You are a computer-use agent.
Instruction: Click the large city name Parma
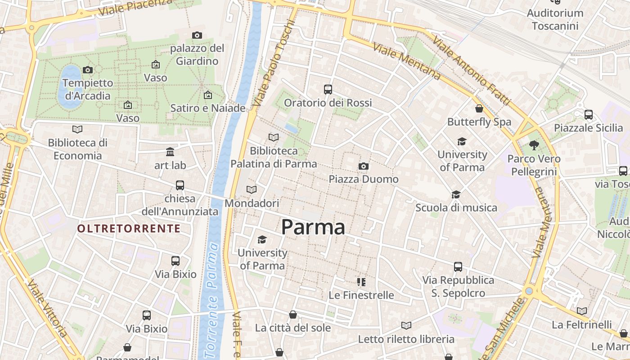(313, 227)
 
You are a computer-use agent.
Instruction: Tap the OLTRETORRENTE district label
(129, 229)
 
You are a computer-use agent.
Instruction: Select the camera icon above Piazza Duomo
(364, 166)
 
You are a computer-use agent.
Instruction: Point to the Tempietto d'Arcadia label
(88, 89)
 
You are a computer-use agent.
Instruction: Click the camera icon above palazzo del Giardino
(197, 36)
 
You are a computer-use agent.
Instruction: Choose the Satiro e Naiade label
(208, 108)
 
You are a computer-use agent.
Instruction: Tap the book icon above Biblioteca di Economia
(77, 130)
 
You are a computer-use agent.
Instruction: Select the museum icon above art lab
(170, 152)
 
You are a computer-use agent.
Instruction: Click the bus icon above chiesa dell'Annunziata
(180, 185)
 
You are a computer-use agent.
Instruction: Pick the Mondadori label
(252, 203)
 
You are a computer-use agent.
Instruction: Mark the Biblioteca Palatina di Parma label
(274, 157)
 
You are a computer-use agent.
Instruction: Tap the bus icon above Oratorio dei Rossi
(328, 90)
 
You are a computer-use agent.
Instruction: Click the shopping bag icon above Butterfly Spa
(479, 109)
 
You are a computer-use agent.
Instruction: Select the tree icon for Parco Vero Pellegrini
(534, 145)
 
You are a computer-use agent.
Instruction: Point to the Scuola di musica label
(456, 207)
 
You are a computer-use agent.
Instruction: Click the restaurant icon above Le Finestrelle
(361, 282)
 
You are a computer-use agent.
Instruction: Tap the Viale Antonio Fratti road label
(471, 72)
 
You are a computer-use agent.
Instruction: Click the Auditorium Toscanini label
(555, 19)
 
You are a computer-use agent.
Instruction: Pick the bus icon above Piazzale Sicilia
(589, 115)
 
